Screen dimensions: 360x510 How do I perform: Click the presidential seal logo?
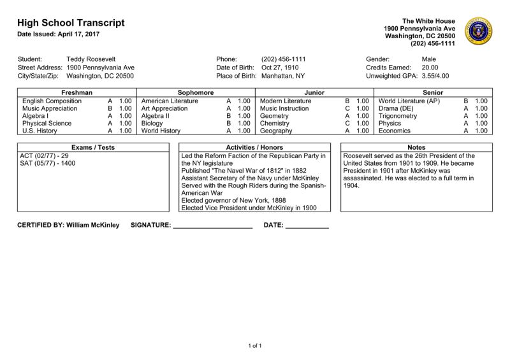pyautogui.click(x=479, y=31)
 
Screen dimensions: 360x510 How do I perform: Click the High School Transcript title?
pyautogui.click(x=71, y=23)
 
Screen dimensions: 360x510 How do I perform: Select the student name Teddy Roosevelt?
pyautogui.click(x=91, y=59)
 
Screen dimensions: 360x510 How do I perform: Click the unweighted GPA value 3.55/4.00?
pyautogui.click(x=435, y=76)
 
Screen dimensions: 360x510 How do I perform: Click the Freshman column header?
pyautogui.click(x=76, y=93)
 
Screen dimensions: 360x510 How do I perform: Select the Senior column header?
pyautogui.click(x=433, y=93)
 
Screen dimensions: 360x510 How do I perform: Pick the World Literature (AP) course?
pyautogui.click(x=409, y=101)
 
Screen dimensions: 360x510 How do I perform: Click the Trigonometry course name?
pyautogui.click(x=398, y=116)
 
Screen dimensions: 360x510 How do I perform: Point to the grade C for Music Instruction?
pyautogui.click(x=347, y=108)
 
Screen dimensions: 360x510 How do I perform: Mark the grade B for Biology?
pyautogui.click(x=229, y=123)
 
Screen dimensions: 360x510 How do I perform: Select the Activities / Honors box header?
pyautogui.click(x=255, y=147)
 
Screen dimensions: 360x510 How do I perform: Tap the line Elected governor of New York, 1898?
pyautogui.click(x=233, y=200)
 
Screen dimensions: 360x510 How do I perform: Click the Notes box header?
pyautogui.click(x=416, y=147)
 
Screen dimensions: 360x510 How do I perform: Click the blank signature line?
pyautogui.click(x=213, y=225)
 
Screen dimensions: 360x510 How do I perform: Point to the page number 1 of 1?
pyautogui.click(x=255, y=345)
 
